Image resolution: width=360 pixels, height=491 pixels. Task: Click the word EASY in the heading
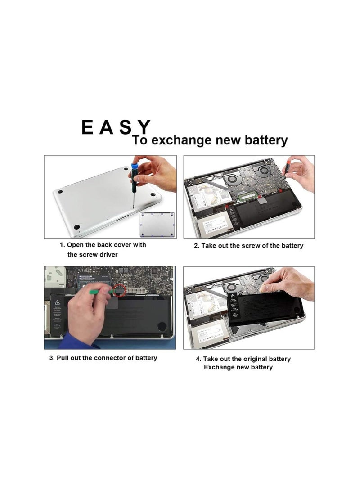115,127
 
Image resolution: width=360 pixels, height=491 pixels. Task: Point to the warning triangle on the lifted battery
233,296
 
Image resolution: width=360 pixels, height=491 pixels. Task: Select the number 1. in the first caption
63,245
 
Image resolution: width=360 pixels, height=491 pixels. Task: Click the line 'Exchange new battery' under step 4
238,367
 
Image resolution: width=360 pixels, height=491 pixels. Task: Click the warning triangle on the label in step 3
58,301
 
